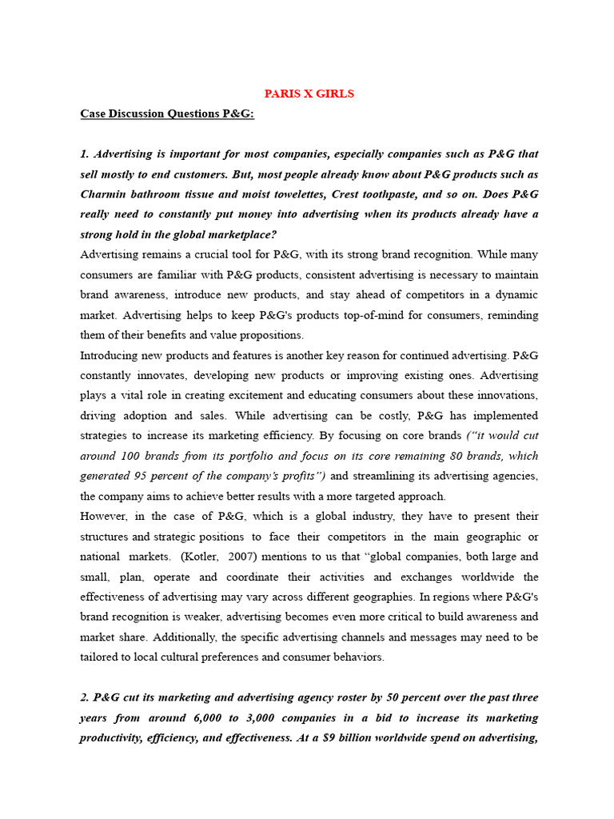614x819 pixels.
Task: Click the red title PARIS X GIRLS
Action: tap(309, 94)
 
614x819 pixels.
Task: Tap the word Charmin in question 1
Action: tap(104, 194)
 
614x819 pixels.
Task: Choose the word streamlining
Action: tap(383, 476)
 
